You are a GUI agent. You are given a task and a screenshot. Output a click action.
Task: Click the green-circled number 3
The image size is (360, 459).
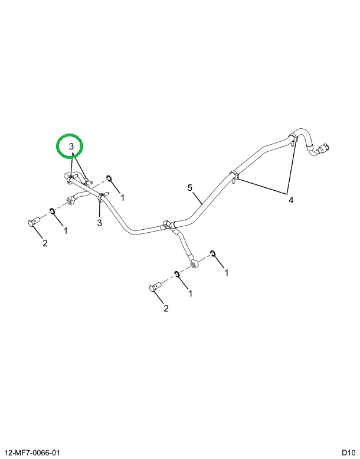[x=71, y=147]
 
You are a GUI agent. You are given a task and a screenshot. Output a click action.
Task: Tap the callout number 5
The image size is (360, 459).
[x=190, y=188]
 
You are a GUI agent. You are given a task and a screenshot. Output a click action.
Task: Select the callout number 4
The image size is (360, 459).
[x=291, y=200]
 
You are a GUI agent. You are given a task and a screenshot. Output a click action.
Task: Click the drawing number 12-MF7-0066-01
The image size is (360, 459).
[x=32, y=453]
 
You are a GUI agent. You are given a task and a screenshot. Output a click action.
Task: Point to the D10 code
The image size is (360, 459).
[x=349, y=453]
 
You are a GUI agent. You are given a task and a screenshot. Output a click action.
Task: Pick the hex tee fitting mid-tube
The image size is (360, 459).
[x=166, y=225]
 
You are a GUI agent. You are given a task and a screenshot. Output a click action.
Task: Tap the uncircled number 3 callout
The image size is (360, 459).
[x=99, y=223]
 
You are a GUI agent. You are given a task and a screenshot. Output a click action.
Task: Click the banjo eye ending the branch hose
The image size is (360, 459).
[x=195, y=264]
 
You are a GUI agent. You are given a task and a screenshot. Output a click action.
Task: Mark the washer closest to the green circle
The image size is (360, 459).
[x=109, y=178]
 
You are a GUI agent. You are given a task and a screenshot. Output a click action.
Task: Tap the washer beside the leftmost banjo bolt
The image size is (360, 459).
[x=52, y=210]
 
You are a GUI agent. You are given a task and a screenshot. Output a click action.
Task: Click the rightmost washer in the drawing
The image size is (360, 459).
[x=212, y=253]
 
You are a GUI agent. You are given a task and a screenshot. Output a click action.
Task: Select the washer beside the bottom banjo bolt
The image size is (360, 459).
[x=176, y=274]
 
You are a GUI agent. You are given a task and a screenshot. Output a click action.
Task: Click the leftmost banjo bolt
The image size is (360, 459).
[x=33, y=222]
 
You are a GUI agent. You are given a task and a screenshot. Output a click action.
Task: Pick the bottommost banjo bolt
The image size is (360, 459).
[x=155, y=287]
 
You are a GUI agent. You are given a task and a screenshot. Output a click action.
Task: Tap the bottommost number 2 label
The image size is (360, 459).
[x=166, y=308]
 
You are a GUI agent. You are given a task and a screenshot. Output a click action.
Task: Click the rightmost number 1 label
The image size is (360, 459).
[x=227, y=273]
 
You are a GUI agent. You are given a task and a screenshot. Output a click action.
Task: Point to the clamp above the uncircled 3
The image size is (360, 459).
[x=100, y=197]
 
